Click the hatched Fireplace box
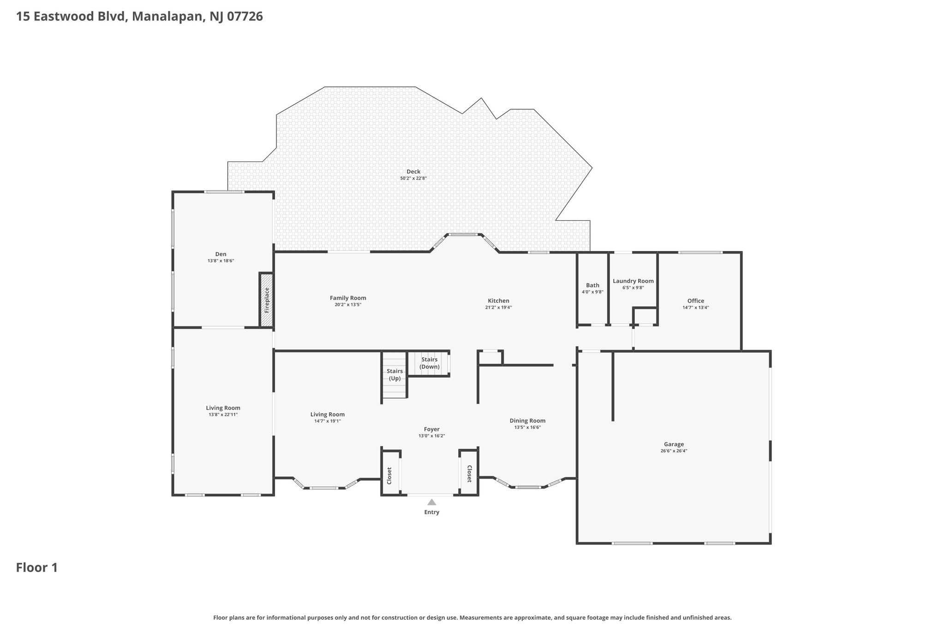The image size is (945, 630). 267,300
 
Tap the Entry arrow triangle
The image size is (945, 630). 431,502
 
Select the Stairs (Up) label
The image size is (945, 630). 395,375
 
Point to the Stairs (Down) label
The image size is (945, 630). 429,363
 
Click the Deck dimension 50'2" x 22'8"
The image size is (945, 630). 413,178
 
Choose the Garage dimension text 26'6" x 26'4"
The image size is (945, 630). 674,451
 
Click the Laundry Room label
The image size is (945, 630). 633,281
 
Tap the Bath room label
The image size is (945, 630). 592,285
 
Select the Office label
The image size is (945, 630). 696,301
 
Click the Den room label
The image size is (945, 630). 221,254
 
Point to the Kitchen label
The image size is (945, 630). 498,301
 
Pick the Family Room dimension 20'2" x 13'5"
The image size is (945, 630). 348,305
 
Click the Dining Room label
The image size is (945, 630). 527,421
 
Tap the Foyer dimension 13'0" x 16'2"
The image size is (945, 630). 432,436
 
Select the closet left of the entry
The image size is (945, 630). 391,473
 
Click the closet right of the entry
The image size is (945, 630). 468,473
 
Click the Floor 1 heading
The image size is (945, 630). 37,568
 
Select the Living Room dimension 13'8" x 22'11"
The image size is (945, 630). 223,414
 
